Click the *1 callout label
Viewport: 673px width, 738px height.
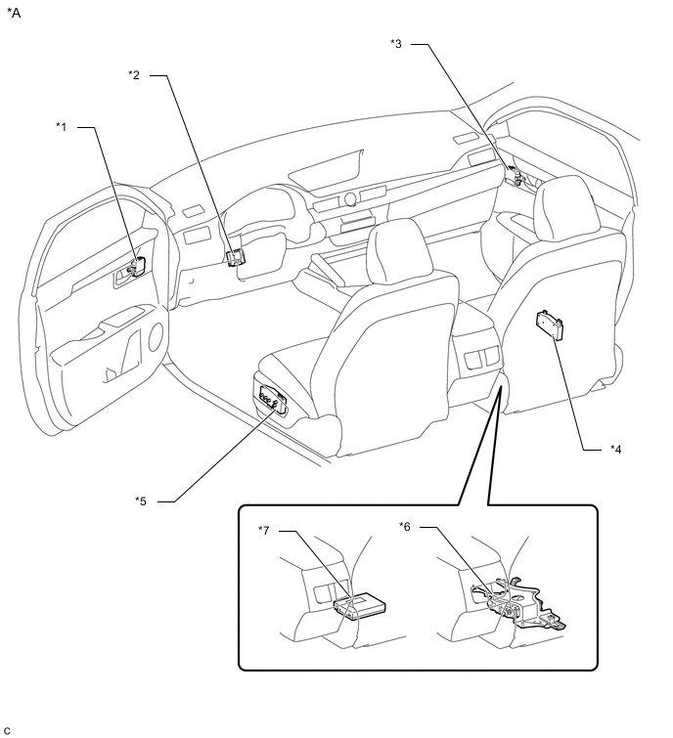pos(62,127)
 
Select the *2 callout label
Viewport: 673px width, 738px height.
pos(134,75)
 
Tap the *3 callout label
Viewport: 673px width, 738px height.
pos(396,44)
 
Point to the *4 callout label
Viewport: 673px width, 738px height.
pos(615,450)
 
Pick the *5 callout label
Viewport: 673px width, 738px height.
pos(141,501)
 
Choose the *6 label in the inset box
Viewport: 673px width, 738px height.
pos(405,527)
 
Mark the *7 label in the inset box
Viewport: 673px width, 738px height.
pos(264,531)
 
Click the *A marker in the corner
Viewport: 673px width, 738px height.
pos(14,13)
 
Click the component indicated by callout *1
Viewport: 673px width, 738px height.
pos(138,267)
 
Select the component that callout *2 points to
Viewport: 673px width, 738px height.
pos(236,257)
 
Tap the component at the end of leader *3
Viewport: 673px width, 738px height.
pos(515,177)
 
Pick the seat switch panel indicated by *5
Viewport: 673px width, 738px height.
pos(270,400)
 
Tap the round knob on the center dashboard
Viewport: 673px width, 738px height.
pos(350,199)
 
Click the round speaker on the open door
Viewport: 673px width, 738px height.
pos(156,337)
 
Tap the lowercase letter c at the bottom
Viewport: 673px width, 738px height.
pos(7,730)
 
